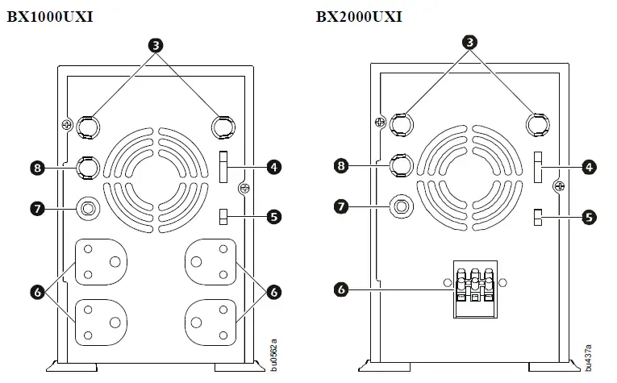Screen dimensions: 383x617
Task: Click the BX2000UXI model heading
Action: point(359,15)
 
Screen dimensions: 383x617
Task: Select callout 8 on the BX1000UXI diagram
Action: point(35,168)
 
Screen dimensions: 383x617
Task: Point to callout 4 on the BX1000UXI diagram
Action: point(275,168)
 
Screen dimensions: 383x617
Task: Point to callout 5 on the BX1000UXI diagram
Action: point(275,216)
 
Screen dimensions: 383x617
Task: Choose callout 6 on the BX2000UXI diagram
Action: point(341,288)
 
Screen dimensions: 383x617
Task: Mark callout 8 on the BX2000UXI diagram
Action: point(341,166)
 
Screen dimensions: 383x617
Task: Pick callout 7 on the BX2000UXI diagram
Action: point(341,206)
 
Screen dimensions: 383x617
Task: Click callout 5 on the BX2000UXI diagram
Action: point(590,217)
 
